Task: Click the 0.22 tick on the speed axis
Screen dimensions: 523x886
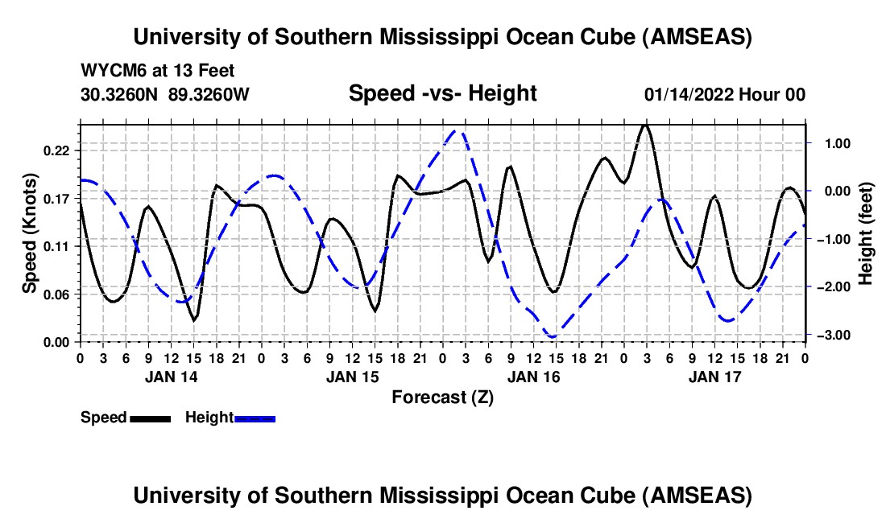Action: coord(80,150)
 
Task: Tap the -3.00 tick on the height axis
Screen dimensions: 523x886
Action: coord(806,334)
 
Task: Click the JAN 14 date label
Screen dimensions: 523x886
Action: coord(171,376)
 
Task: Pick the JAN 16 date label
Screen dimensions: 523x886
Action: coord(533,376)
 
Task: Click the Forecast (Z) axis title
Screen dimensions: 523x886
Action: coord(442,397)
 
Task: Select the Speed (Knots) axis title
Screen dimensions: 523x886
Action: coord(30,233)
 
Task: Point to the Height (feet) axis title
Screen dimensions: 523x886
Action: coord(866,233)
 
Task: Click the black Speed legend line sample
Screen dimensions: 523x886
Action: coord(150,418)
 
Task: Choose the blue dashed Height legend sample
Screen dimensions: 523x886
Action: coord(255,418)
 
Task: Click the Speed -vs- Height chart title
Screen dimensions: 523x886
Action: coord(442,94)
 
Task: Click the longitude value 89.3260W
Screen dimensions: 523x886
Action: coord(209,95)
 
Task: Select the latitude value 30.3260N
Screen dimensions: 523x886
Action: coord(121,95)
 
